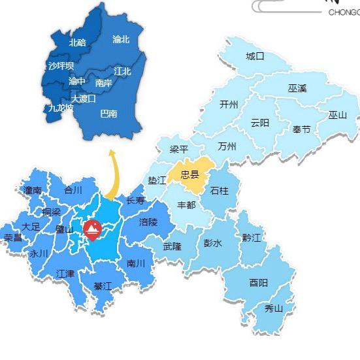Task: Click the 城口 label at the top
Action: [x=255, y=56]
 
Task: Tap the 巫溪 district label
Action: [x=297, y=88]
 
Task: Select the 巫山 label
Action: [x=338, y=115]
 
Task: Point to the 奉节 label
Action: [x=301, y=129]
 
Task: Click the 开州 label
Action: [x=229, y=104]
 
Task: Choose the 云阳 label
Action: [x=259, y=123]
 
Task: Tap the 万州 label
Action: [x=227, y=146]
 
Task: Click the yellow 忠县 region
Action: [x=189, y=174]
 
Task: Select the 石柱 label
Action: [x=219, y=191]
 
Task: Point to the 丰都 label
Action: [x=186, y=205]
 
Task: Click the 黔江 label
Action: [x=251, y=238]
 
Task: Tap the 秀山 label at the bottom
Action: [x=274, y=308]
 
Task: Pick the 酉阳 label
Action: [x=258, y=283]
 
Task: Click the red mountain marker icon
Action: [x=92, y=229]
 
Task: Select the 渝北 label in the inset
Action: [x=121, y=40]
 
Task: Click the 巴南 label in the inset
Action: [x=108, y=114]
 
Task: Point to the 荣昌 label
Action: [x=12, y=237]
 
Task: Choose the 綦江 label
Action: [x=103, y=286]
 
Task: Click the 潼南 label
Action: [x=33, y=190]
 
